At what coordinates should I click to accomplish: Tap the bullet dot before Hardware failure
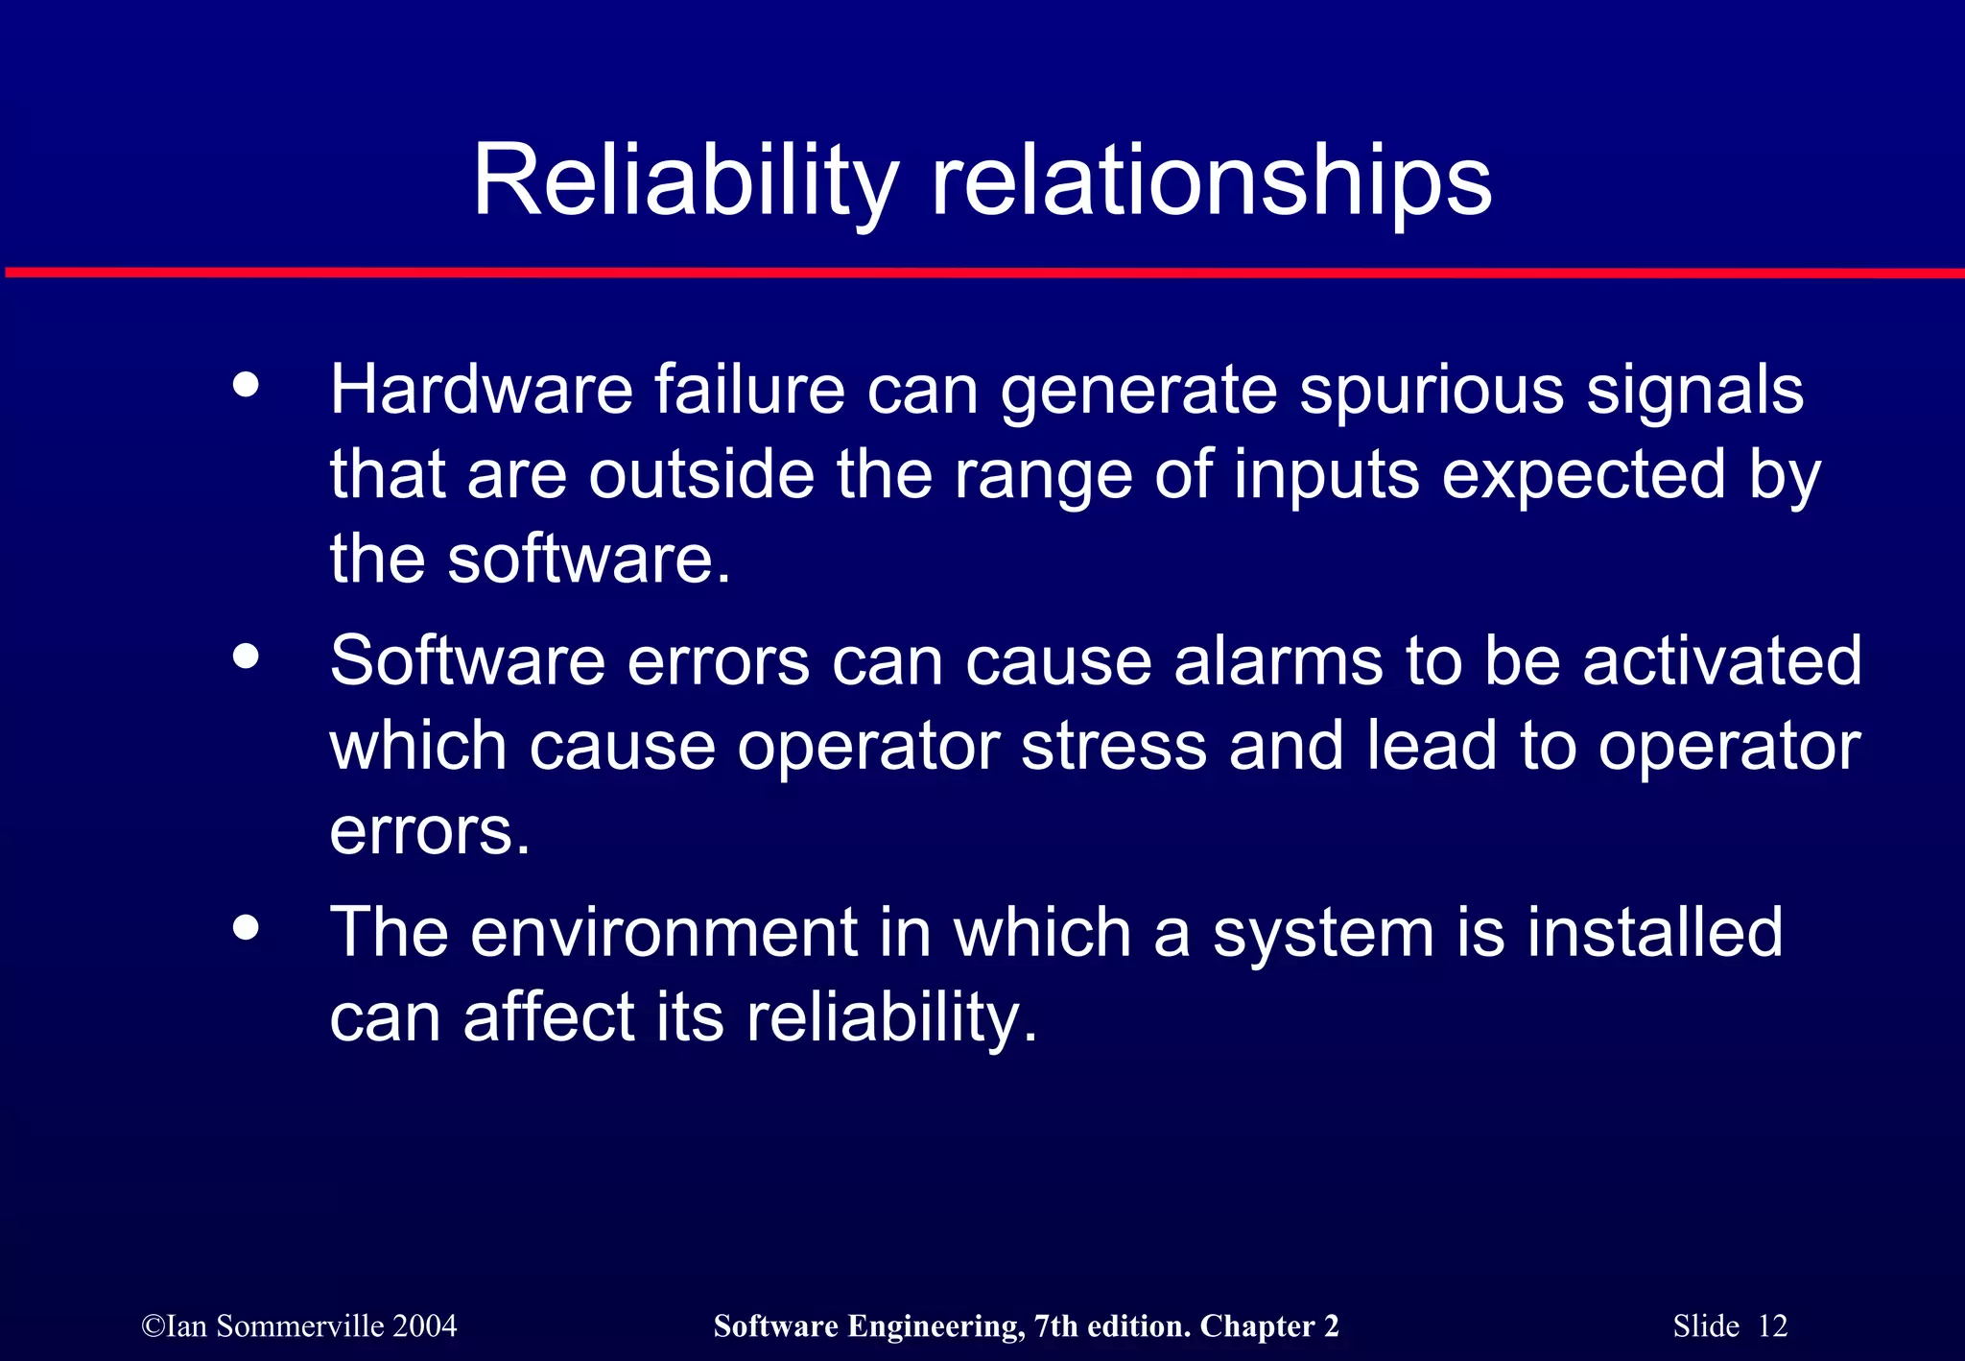click(247, 385)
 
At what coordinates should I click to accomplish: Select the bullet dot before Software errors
click(247, 657)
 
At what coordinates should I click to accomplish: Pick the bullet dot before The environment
click(247, 928)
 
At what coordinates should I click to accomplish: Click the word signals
click(1694, 392)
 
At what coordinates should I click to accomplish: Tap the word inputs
click(1326, 476)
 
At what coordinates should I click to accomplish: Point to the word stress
click(1114, 746)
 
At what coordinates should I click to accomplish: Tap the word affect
click(549, 1017)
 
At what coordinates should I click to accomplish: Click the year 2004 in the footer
click(425, 1326)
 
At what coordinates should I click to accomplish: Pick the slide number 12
click(1773, 1326)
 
